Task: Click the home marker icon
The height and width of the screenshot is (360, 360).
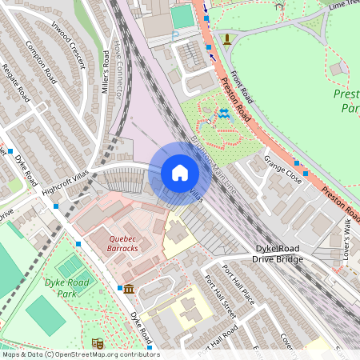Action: (x=180, y=173)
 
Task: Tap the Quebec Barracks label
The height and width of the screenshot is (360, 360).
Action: (x=112, y=242)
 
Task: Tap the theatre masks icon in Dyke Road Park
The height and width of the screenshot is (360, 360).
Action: (x=98, y=343)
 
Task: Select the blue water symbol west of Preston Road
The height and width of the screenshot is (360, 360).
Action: (x=223, y=114)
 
